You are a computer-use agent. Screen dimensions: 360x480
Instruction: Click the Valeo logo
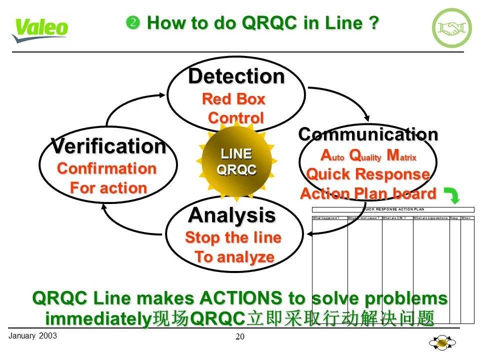[40, 30]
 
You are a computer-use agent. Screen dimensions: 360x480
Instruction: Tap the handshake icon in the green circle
[451, 28]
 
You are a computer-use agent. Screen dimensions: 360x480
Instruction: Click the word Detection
[236, 76]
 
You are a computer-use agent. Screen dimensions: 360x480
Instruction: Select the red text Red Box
[233, 99]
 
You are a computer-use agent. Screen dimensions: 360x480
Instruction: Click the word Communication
[368, 134]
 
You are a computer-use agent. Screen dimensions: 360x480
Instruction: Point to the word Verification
[108, 146]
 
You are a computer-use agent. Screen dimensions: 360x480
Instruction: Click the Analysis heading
[231, 215]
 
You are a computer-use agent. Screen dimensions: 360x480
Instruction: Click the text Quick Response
[368, 174]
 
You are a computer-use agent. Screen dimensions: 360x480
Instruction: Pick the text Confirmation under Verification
[107, 168]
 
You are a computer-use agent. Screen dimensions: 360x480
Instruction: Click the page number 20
[240, 337]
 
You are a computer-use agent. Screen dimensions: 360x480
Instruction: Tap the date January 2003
[32, 335]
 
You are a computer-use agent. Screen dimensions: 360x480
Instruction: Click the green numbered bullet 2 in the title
[132, 22]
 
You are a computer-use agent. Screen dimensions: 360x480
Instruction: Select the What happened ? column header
[326, 218]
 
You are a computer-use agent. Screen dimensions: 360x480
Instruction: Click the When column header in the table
[466, 218]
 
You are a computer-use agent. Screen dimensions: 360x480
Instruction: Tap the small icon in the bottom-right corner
[442, 343]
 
